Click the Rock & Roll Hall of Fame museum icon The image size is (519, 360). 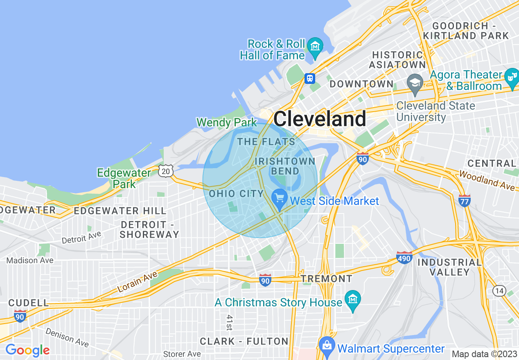[315, 45]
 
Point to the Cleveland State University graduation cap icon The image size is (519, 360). [415, 81]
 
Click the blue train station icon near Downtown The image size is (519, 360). [310, 78]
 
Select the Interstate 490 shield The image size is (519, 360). [404, 257]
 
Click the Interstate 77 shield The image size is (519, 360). [465, 200]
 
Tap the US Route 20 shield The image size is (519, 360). [165, 171]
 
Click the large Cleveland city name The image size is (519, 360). [320, 119]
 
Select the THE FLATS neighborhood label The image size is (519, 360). [266, 142]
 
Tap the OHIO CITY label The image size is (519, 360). [236, 193]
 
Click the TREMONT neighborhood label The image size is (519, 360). [326, 279]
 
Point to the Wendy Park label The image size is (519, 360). [226, 122]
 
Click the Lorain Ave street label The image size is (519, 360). [137, 282]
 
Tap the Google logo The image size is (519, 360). [27, 350]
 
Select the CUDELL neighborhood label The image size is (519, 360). [29, 303]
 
